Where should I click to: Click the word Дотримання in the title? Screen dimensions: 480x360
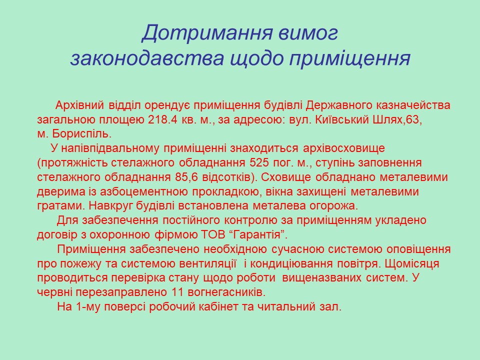click(207, 33)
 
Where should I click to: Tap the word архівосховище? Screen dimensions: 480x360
click(344, 148)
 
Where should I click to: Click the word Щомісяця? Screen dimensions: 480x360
click(412, 263)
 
